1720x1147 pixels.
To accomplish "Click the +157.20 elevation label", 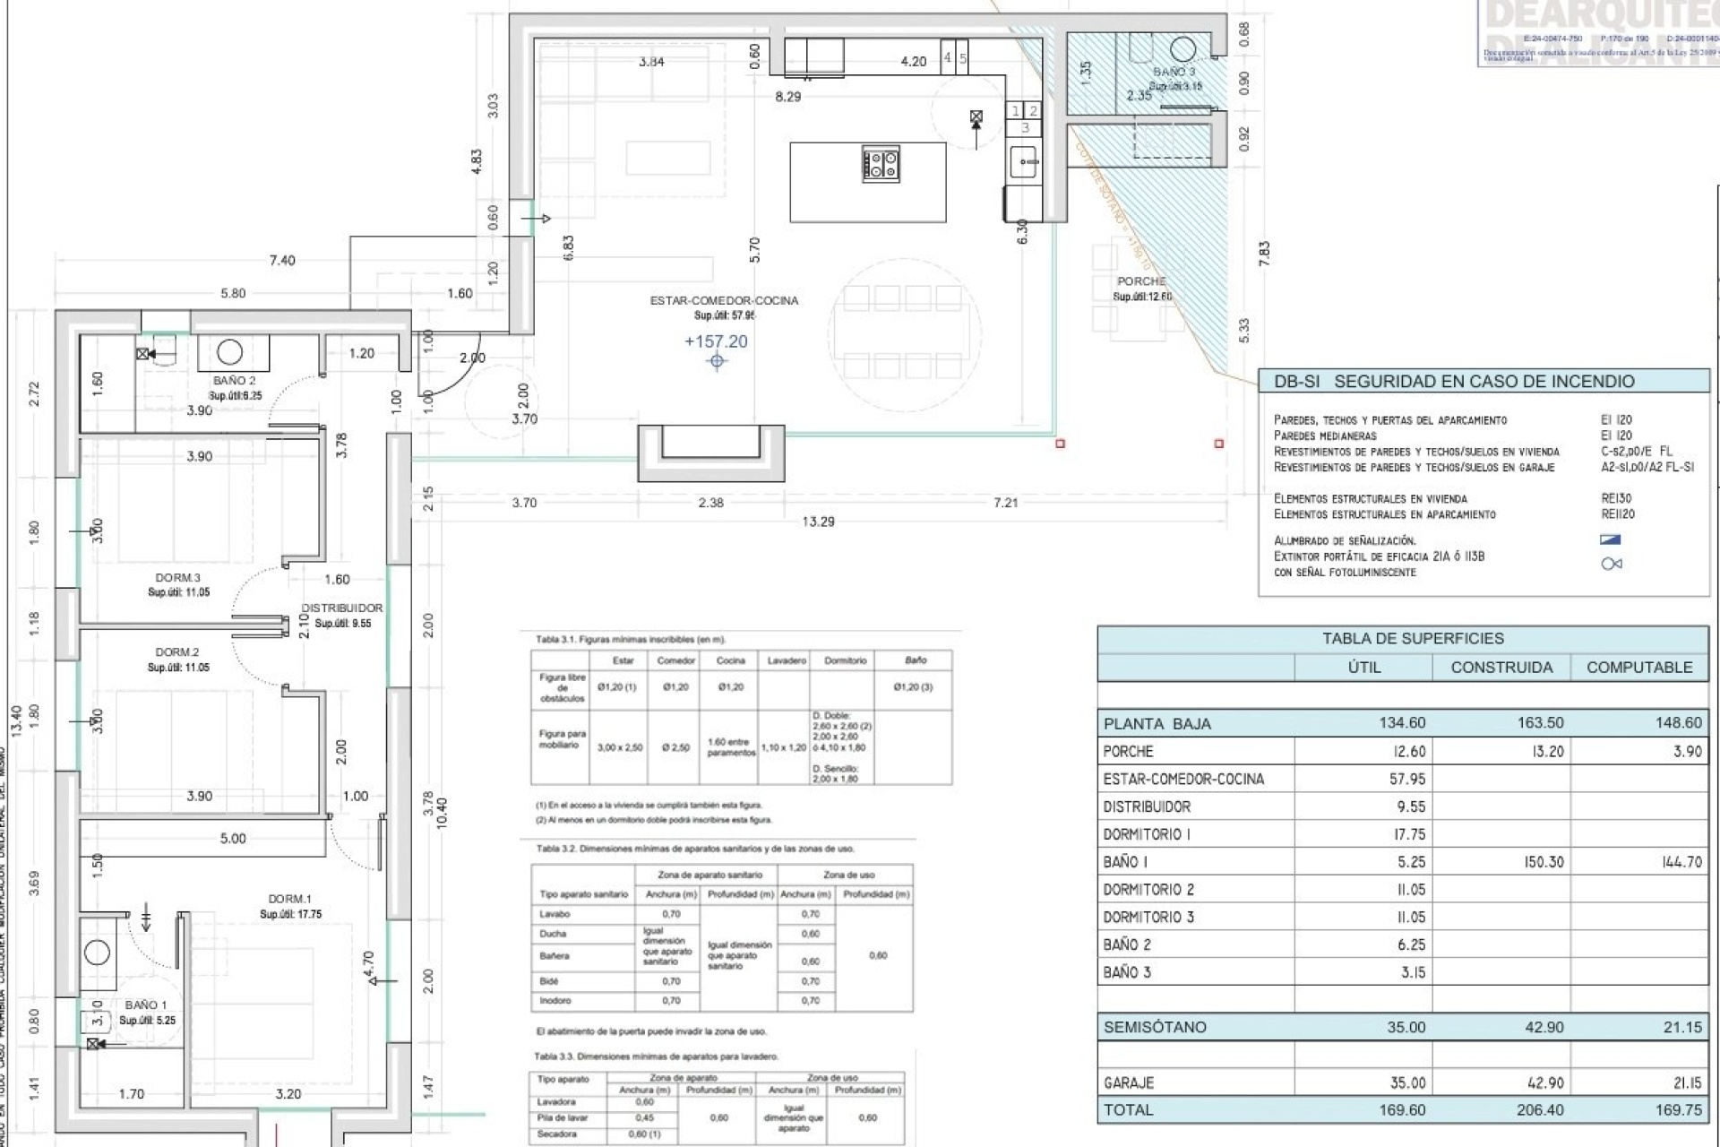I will (x=716, y=341).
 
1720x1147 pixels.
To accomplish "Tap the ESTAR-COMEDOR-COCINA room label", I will (x=724, y=301).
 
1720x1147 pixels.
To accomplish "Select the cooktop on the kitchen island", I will (x=881, y=164).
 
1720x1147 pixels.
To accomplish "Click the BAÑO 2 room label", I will (x=234, y=381).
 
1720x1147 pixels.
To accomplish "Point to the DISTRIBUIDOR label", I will (x=342, y=608).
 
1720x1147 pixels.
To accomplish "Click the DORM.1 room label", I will (x=289, y=899).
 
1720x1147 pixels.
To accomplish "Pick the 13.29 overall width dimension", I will (x=818, y=522).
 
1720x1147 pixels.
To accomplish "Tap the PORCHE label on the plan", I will (x=1141, y=281).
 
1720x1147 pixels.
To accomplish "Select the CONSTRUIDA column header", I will (x=1501, y=668).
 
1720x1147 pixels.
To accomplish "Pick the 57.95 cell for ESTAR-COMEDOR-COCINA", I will (x=1407, y=780).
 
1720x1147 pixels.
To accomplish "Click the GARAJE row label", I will (x=1129, y=1083).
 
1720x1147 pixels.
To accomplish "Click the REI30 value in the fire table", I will (x=1617, y=498).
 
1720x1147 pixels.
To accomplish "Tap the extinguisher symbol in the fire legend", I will (x=1611, y=564).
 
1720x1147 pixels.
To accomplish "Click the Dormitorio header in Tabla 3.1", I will (x=846, y=660).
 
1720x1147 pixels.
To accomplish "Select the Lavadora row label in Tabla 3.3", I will (x=556, y=1102).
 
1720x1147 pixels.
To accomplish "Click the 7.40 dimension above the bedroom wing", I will (x=282, y=261).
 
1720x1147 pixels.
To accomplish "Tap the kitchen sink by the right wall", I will (x=1024, y=162).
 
